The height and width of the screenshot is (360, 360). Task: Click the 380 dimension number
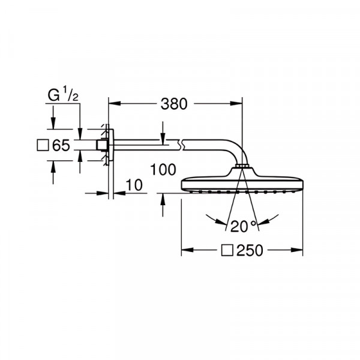pos(174,104)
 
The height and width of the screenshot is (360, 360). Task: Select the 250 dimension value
pos(250,250)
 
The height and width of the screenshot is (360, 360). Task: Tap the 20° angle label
pos(242,226)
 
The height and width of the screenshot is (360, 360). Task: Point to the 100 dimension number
pos(163,170)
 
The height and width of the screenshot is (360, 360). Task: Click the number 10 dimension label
pos(134,185)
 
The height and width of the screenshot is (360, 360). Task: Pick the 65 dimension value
pos(61,145)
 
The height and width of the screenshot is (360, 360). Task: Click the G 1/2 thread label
pos(63,95)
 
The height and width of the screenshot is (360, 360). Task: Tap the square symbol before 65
pos(43,145)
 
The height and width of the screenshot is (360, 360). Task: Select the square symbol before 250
pos(227,250)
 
